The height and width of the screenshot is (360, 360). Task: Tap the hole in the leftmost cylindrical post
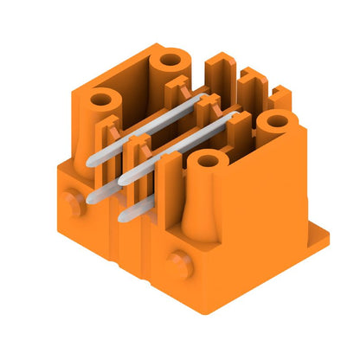[x=101, y=100]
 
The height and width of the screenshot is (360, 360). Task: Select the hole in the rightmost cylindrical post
[x=277, y=121]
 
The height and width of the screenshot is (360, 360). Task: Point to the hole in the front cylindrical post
[x=205, y=160]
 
